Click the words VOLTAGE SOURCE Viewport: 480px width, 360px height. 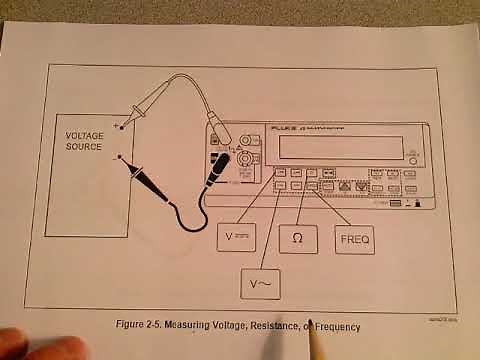click(x=84, y=141)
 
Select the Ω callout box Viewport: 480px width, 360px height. click(x=297, y=239)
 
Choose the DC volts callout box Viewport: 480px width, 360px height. click(x=236, y=237)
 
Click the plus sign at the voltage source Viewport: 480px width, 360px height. click(x=116, y=126)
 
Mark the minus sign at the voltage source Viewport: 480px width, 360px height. click(x=116, y=157)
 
